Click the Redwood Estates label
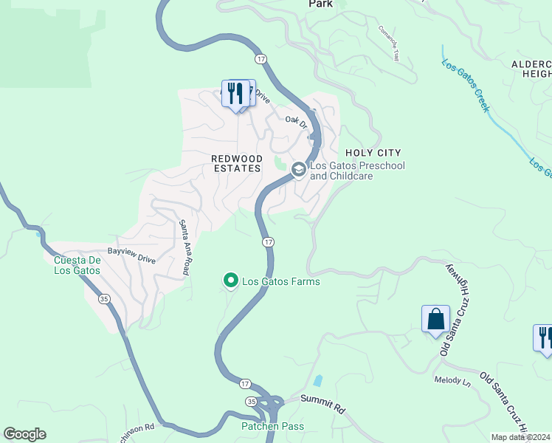click(236, 163)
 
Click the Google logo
click(24, 434)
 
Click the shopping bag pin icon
click(435, 319)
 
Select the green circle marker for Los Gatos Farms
click(231, 281)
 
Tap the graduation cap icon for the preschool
click(299, 170)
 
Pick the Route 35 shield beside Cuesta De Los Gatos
click(104, 299)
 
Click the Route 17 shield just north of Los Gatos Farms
click(268, 242)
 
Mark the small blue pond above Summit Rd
click(318, 381)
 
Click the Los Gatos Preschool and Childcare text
click(357, 171)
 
